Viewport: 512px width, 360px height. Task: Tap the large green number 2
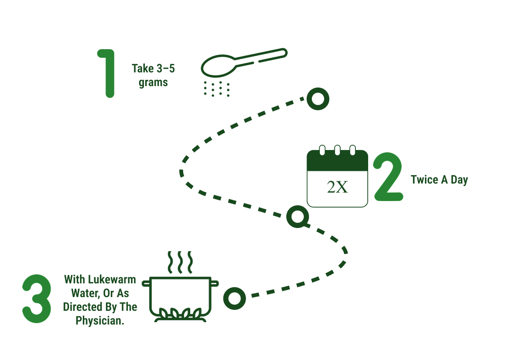coord(388,176)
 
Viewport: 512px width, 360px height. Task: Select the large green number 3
coord(36,299)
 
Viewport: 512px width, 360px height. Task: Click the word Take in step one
coord(143,69)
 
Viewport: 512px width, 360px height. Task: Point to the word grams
coord(153,83)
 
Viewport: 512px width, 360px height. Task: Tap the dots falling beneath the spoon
coord(217,89)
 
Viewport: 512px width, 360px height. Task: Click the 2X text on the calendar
coord(337,187)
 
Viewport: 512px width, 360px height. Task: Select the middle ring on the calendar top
coord(337,150)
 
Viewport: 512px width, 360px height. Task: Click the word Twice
coord(424,179)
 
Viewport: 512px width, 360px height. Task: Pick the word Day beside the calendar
coord(459,180)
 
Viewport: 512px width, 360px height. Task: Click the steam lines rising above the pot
coord(180,263)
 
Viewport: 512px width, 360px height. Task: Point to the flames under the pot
coord(180,314)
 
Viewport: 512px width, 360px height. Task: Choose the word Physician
coord(100,321)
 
